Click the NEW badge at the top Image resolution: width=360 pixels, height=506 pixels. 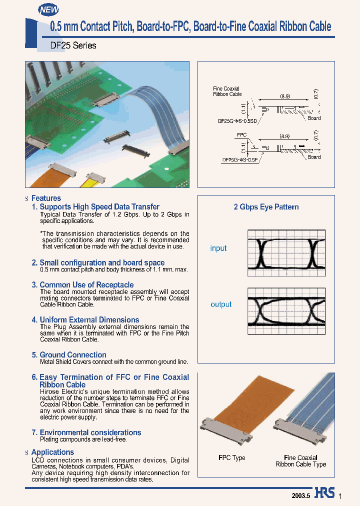tap(48, 9)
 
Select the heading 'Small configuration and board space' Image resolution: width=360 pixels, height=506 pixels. tap(101, 262)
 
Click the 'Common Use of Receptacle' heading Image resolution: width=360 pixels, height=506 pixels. tap(86, 284)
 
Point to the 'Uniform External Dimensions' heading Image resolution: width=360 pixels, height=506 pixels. tap(89, 319)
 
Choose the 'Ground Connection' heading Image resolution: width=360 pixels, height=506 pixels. tap(72, 354)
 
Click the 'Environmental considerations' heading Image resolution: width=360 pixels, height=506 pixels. tap(90, 432)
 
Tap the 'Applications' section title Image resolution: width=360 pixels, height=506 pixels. tap(52, 452)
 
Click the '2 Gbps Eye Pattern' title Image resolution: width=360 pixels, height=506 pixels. tap(266, 207)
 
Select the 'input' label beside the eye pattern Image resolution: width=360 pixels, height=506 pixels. tap(218, 248)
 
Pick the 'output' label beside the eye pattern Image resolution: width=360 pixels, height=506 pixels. tap(221, 304)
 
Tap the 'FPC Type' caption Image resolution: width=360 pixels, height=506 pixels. tap(232, 458)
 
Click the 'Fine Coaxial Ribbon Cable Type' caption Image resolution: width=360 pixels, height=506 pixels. tap(300, 461)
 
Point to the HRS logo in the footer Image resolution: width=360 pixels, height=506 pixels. tap(325, 493)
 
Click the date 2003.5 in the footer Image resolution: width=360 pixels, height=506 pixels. tap(301, 495)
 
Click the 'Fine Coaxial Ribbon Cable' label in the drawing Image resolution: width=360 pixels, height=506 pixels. tap(227, 91)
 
